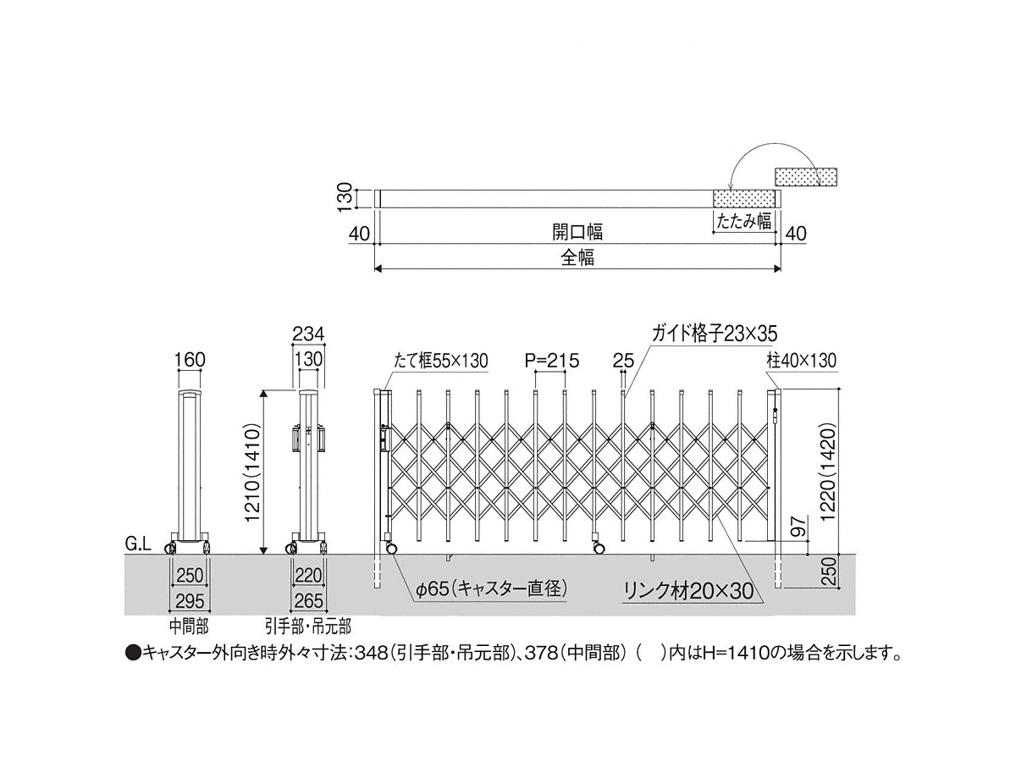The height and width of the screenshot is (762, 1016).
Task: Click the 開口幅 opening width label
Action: (577, 232)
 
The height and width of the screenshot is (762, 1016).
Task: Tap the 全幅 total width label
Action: (577, 257)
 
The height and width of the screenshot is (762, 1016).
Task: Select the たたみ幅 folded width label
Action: (744, 221)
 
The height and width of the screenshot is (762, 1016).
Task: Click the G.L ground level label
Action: (138, 544)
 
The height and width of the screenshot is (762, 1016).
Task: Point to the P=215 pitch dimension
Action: (552, 361)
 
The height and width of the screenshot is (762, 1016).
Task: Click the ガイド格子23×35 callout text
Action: (715, 334)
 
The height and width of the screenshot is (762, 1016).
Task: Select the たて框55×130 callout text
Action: (440, 361)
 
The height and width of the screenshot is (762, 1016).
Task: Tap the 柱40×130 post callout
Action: (801, 361)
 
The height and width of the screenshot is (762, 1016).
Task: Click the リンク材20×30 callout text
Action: (688, 591)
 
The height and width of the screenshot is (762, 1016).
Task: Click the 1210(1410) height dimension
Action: (252, 472)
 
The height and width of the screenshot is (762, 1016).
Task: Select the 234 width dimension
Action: (308, 334)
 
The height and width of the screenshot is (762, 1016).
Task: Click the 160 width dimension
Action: (190, 360)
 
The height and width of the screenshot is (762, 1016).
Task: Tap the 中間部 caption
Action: (190, 627)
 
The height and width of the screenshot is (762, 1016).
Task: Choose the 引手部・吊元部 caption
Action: (308, 627)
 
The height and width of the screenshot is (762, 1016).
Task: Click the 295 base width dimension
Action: (190, 601)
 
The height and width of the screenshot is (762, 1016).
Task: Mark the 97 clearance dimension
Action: (800, 527)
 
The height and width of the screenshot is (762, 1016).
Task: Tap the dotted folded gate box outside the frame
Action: (806, 177)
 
